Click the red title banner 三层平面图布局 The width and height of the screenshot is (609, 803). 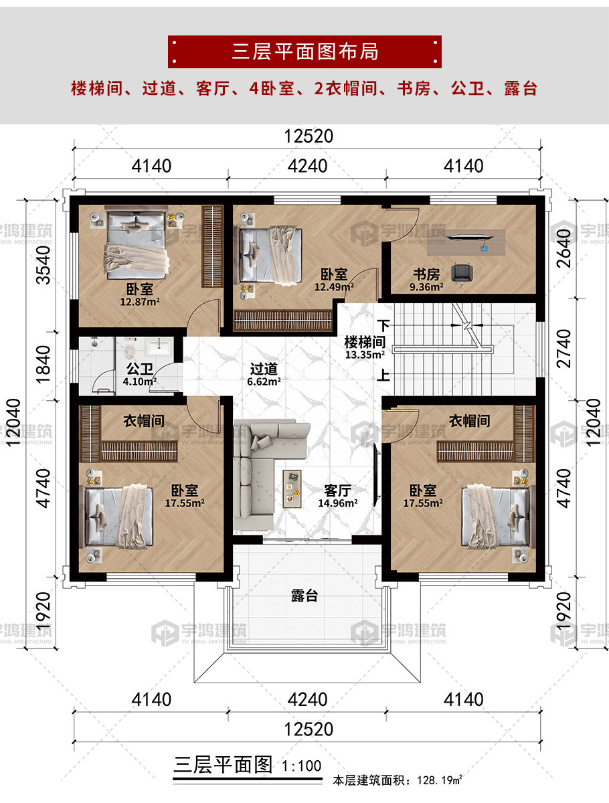click(304, 52)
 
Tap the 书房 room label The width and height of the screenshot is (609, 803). click(426, 274)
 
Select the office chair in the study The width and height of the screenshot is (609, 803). click(462, 274)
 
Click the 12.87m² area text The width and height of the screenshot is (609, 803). click(140, 302)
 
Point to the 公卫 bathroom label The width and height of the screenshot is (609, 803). click(139, 369)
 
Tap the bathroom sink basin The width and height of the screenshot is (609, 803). click(159, 346)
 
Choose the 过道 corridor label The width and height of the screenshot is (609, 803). click(264, 369)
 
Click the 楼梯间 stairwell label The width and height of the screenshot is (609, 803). click(365, 343)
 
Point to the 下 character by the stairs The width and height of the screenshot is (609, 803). click(383, 325)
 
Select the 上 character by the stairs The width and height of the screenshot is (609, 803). click(383, 375)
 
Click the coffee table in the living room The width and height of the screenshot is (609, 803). click(292, 489)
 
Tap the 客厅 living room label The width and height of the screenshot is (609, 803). click(337, 490)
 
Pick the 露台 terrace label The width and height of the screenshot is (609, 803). click(304, 596)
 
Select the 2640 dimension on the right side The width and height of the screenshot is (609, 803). click(563, 248)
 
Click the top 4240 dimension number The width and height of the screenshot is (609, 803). click(307, 166)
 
